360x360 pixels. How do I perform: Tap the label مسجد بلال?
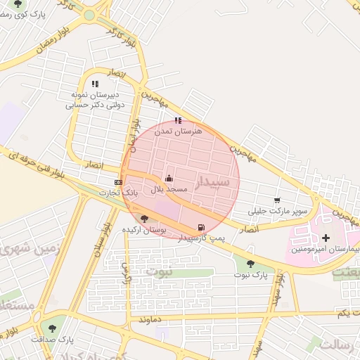169,190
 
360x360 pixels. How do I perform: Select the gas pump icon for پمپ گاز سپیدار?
202,227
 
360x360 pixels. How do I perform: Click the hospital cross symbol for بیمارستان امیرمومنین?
326,238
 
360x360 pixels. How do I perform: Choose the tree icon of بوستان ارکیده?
144,219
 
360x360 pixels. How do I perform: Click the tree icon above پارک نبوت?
250,264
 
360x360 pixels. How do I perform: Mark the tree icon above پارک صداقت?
50,328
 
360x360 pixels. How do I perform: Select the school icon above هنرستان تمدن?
178,120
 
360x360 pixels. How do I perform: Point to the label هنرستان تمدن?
182,131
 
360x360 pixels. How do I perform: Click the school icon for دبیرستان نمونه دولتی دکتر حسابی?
95,84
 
